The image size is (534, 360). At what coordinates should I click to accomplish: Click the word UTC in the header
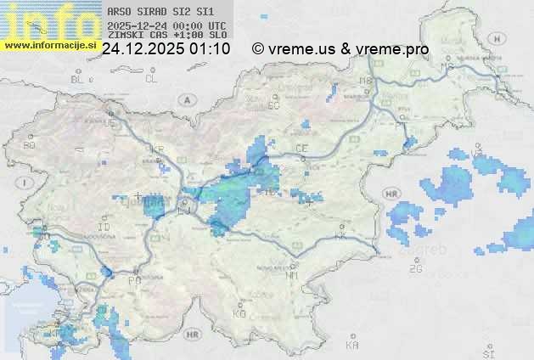point(217,25)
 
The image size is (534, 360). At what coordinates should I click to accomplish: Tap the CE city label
point(301,149)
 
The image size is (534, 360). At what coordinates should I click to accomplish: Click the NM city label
point(293,275)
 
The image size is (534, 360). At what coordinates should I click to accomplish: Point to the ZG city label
point(415,269)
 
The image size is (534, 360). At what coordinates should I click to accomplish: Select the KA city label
point(352,346)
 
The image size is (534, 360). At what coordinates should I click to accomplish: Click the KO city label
point(239,313)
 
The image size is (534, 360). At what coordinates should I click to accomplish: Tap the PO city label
point(134,280)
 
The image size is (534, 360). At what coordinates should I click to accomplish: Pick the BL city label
point(78,79)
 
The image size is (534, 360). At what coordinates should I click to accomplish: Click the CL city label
point(151,79)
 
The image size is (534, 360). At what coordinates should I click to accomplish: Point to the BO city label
point(30,145)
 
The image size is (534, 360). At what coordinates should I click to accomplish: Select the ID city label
point(104,228)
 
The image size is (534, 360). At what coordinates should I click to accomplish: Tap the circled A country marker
point(185,99)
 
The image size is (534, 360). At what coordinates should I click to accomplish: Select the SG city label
point(273,106)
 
